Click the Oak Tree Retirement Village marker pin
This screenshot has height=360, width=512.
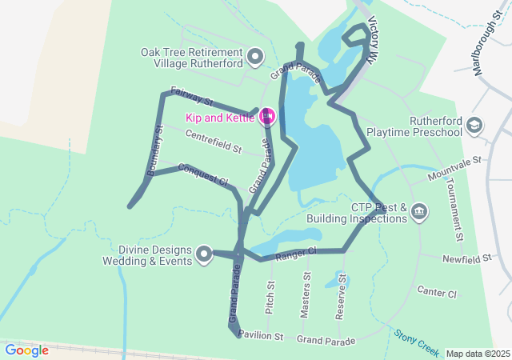[255, 56]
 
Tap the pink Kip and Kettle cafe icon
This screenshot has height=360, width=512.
[267, 118]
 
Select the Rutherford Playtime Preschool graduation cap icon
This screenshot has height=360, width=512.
[474, 126]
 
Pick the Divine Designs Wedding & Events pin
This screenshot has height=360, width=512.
[204, 255]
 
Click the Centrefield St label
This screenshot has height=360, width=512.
[213, 142]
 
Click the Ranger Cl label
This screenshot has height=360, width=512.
[296, 254]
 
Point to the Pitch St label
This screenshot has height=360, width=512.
[270, 296]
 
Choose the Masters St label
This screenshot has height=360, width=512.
[306, 295]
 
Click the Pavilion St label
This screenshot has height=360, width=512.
[261, 336]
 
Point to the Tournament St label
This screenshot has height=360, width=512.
[454, 209]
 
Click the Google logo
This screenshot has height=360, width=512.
[26, 350]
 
